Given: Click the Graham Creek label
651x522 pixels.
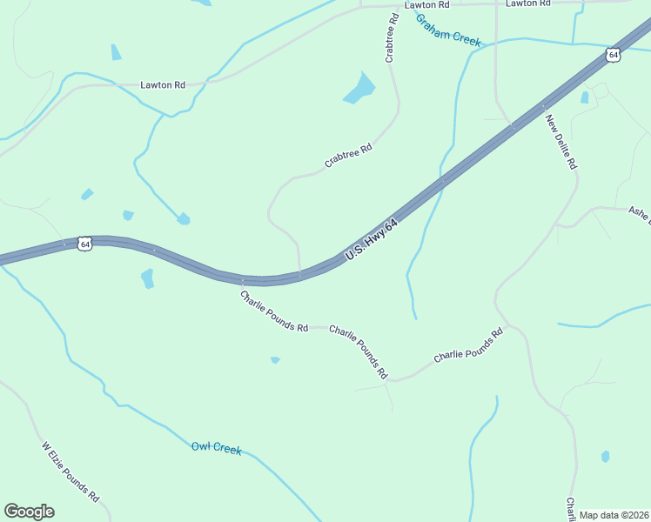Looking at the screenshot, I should point(447,30).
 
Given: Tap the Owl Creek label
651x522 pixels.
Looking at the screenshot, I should point(215,448).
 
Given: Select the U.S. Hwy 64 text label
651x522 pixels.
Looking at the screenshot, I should point(372,239).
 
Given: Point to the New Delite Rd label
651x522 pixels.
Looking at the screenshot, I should point(561,141).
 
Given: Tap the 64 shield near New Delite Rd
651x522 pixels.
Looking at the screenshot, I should point(614,55).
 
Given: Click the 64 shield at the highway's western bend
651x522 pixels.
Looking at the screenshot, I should point(84,244).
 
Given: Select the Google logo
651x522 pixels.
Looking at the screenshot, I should point(29,512).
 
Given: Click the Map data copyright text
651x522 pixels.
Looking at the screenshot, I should point(614,515).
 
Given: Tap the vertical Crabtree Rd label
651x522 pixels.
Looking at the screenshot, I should point(391,37).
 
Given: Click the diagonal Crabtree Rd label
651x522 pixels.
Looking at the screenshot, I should point(348,155).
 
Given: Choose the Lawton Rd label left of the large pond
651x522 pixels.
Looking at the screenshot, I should point(163,85).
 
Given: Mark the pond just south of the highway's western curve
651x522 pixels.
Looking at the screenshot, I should point(147,278).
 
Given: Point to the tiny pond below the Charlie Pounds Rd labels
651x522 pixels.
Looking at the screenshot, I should point(275,359).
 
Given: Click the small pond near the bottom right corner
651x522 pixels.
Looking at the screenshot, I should point(605,456).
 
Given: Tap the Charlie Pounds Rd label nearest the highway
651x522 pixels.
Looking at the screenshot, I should point(274,311).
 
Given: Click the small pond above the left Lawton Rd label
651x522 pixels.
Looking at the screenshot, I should point(116,52).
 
